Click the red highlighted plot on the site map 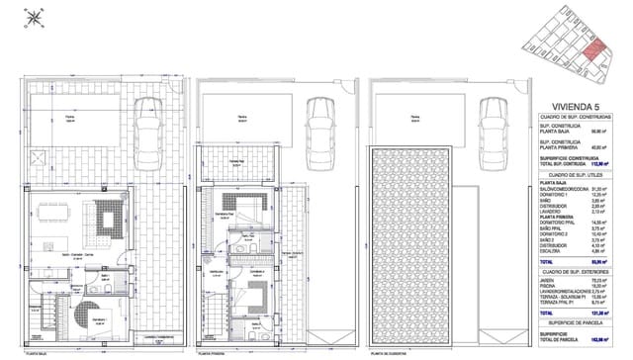pos(592,55)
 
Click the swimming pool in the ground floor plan pos(70,119)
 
